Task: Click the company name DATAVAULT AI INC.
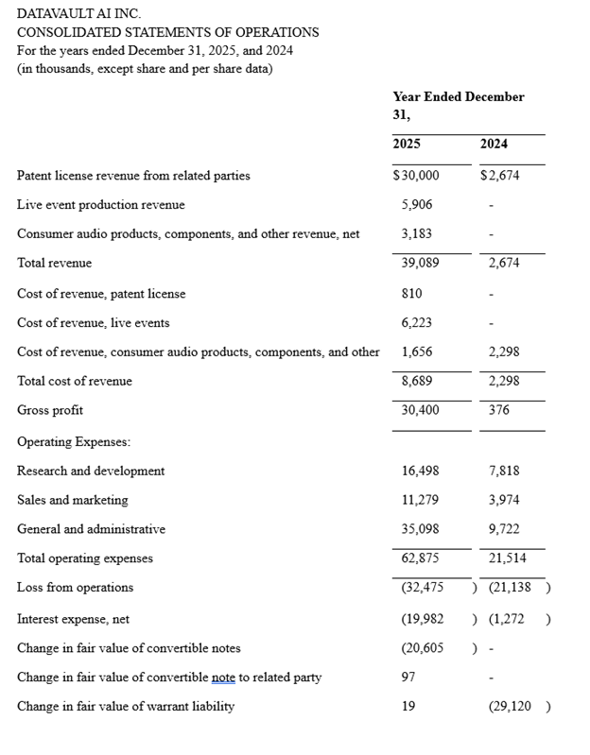(x=78, y=14)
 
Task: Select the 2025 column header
(x=407, y=144)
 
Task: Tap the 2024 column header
(x=494, y=144)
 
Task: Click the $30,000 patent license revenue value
(x=416, y=176)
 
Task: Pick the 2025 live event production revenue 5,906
(x=417, y=205)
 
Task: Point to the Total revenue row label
(x=55, y=264)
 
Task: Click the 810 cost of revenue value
(x=412, y=294)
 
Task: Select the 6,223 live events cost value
(x=417, y=323)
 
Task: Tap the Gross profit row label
(x=50, y=411)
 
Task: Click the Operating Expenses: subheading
(x=74, y=442)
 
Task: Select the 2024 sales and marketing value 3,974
(x=504, y=501)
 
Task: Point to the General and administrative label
(x=91, y=530)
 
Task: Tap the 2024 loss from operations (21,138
(x=510, y=588)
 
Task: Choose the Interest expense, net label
(x=74, y=620)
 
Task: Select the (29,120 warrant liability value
(x=510, y=707)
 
